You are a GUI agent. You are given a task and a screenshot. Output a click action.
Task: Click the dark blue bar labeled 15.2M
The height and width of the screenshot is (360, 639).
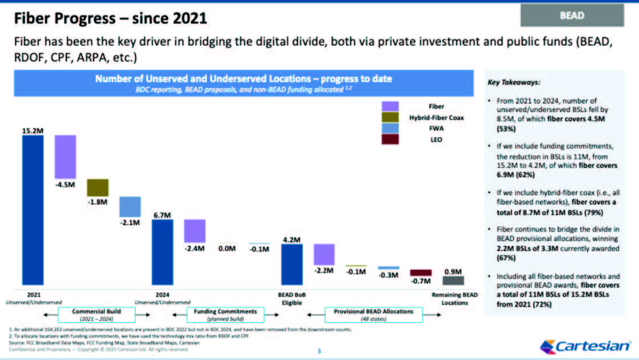pos(33,209)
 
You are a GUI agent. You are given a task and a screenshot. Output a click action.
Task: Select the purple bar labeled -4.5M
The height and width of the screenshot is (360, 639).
pos(65,157)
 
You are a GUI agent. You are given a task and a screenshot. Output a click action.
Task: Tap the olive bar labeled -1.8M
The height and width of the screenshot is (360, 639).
pos(98,187)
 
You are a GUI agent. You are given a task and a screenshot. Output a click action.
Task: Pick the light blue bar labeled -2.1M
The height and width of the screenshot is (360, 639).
pos(130,207)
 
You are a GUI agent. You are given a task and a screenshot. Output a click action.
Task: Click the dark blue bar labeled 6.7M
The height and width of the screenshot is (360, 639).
pos(162,251)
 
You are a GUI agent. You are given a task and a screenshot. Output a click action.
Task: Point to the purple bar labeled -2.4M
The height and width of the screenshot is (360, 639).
pos(195,231)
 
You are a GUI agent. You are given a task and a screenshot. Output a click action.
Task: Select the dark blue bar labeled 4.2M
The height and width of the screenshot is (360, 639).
pos(292,264)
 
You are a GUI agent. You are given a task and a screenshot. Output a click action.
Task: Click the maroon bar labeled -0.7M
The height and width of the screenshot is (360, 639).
pos(421,273)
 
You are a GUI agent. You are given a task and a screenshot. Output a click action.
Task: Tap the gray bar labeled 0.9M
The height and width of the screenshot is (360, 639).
pos(453,280)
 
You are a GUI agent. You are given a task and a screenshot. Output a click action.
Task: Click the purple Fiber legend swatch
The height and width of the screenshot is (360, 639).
pos(390,106)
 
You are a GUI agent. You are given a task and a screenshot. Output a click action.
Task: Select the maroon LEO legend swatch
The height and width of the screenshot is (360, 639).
pos(390,139)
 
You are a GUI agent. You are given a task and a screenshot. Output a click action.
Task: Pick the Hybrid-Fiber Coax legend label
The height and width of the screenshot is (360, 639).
pos(436,117)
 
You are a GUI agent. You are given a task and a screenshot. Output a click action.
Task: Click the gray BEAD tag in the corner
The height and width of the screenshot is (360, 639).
pos(572,15)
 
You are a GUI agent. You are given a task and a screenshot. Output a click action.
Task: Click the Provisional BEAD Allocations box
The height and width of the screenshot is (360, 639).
pos(373,315)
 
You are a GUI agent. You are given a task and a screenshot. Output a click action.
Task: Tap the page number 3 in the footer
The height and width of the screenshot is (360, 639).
pos(320,350)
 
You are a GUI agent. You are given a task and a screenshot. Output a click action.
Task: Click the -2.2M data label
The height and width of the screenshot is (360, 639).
pos(324,271)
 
